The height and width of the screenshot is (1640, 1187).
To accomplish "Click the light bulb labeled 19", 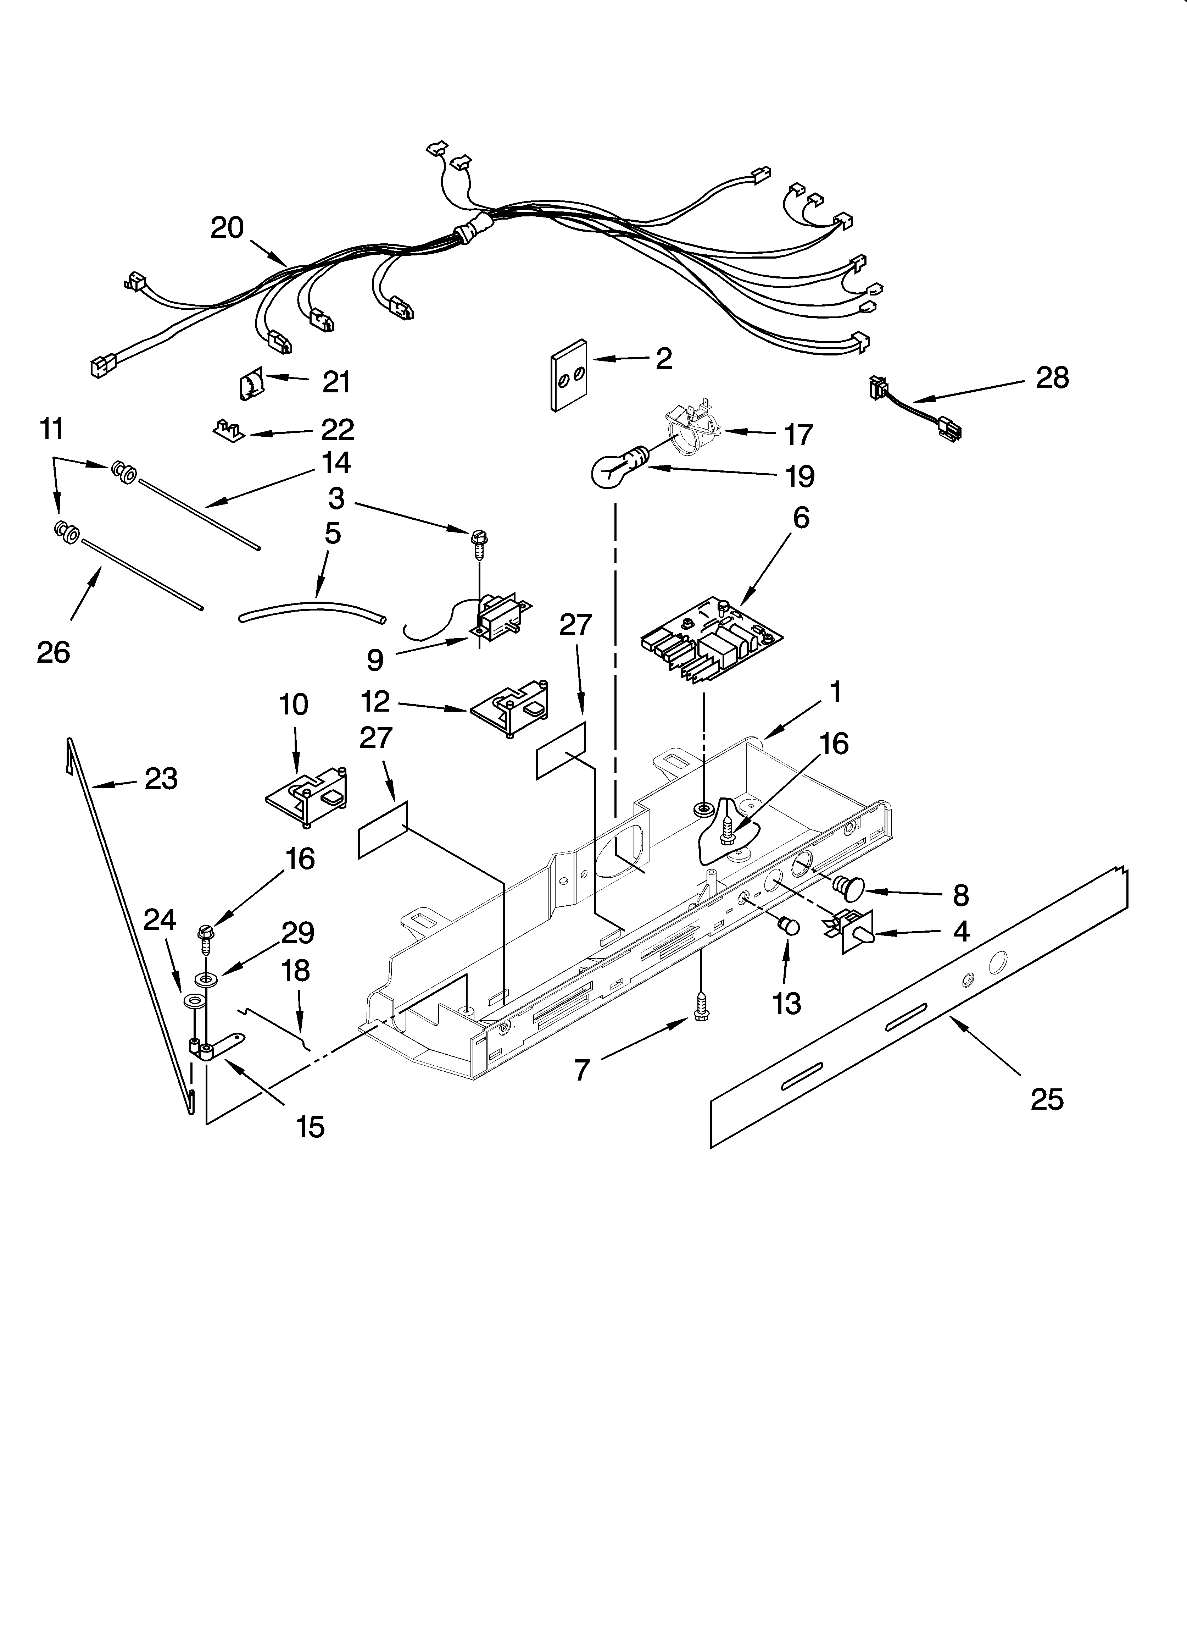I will pos(618,470).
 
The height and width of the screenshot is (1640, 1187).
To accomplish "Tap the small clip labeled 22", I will pos(229,431).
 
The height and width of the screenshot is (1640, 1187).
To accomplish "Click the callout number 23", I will pos(161,779).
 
